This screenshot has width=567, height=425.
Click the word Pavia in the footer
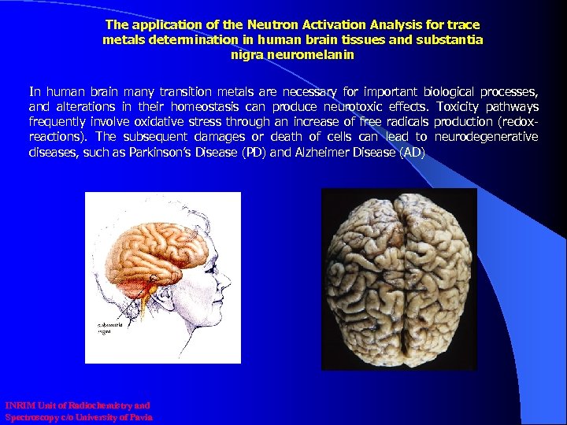pos(139,417)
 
